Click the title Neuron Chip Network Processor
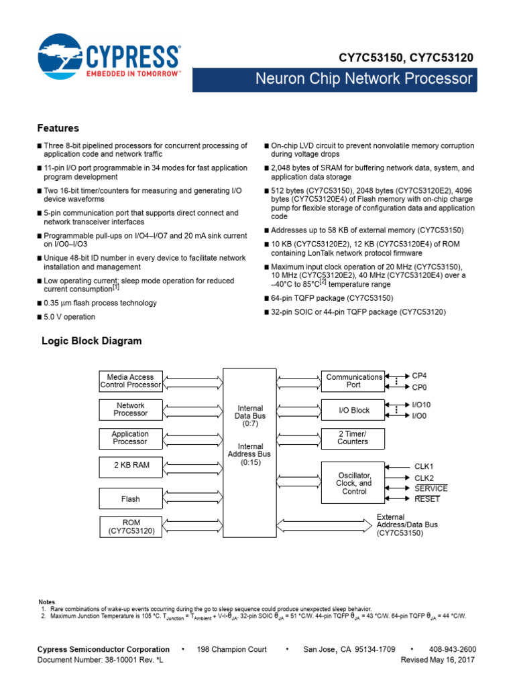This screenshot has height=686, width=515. tap(363, 79)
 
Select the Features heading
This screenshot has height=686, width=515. tap(58, 128)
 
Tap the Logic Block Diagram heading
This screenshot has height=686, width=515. tap(92, 341)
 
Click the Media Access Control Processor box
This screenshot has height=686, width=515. tap(131, 381)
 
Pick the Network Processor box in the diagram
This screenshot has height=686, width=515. tap(131, 409)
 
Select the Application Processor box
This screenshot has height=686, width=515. tap(131, 437)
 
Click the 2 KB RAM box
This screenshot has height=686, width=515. tap(131, 465)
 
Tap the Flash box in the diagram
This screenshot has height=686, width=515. tap(131, 498)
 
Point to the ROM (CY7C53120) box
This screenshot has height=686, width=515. tap(131, 527)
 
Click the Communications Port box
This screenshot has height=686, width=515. tap(353, 381)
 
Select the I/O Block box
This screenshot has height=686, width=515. tap(353, 410)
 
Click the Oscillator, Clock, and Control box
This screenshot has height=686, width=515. tap(353, 482)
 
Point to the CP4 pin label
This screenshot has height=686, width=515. tap(419, 376)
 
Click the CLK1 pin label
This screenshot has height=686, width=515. tap(424, 466)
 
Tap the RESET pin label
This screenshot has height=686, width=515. tap(426, 499)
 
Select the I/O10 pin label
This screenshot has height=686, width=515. tap(422, 405)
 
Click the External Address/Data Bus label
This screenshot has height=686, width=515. tap(400, 525)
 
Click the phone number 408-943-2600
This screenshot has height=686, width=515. tap(453, 649)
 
